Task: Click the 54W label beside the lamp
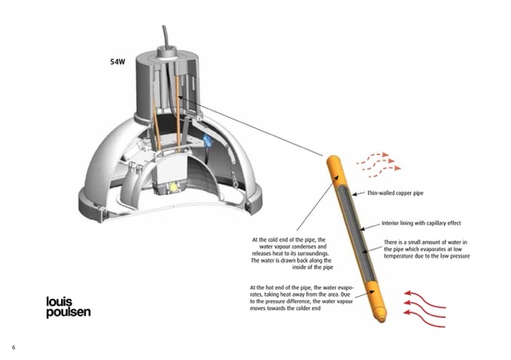(x=118, y=62)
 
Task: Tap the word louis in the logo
(x=59, y=301)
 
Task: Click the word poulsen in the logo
(x=69, y=312)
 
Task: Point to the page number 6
(x=14, y=347)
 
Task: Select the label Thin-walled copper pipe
(x=395, y=193)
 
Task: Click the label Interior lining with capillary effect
(x=421, y=223)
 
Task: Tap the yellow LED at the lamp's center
(x=173, y=188)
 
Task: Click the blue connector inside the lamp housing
(x=207, y=139)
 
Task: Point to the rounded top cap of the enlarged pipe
(x=333, y=160)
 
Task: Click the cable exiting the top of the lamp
(x=165, y=36)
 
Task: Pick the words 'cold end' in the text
(x=277, y=239)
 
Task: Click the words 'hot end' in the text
(x=275, y=288)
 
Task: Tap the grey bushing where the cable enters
(x=167, y=52)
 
